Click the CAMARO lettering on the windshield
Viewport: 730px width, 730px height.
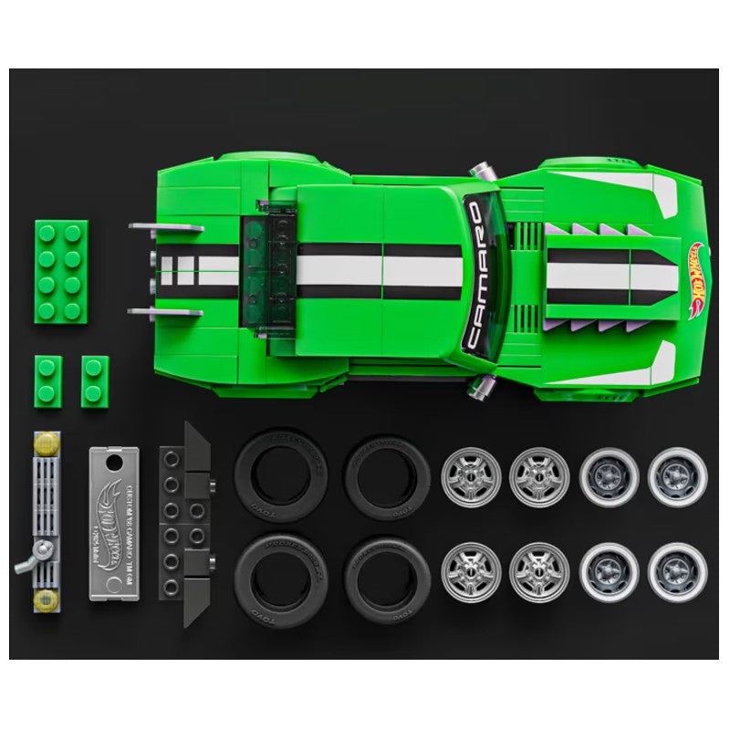click(x=474, y=275)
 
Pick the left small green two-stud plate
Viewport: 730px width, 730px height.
click(x=49, y=381)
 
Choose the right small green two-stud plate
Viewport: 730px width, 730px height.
click(x=95, y=381)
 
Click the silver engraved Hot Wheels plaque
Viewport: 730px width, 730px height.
click(x=117, y=524)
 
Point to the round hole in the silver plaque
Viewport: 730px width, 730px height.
click(x=115, y=463)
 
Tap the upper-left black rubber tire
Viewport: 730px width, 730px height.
click(x=277, y=475)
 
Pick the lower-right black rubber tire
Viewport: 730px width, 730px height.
click(x=388, y=579)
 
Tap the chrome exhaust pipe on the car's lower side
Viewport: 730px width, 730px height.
click(x=481, y=390)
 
